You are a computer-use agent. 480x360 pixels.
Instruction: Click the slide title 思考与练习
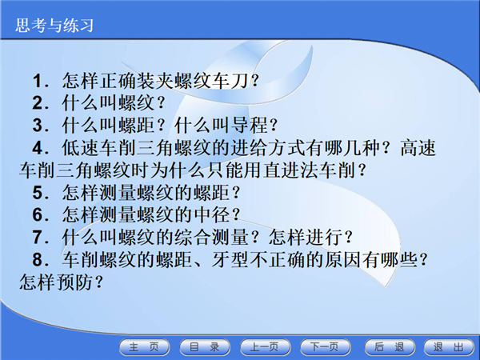click(54, 26)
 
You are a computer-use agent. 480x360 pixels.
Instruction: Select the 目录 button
click(205, 347)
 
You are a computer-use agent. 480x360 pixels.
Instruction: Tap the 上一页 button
click(265, 347)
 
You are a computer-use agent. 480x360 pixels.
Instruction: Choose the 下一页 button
click(325, 347)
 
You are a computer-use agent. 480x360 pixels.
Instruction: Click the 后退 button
click(390, 347)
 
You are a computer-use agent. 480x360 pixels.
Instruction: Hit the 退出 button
click(449, 347)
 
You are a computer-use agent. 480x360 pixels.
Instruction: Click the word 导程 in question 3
click(249, 126)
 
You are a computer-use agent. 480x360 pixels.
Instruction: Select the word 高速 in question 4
click(418, 147)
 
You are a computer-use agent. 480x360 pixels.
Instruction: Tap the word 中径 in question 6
click(212, 214)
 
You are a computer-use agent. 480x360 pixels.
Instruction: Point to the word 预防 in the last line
click(74, 282)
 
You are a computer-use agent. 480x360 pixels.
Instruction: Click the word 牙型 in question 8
click(230, 259)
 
